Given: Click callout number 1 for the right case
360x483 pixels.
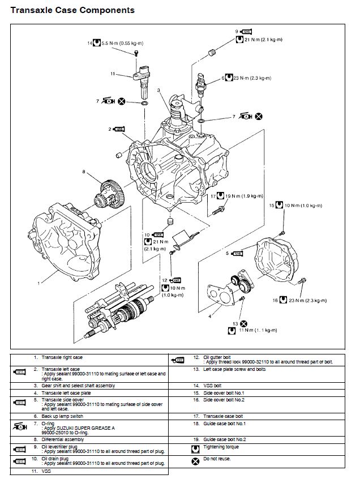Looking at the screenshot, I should click(x=38, y=281).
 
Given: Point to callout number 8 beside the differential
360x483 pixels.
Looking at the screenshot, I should click(x=84, y=172).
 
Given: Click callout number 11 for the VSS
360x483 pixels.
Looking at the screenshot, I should click(x=113, y=74).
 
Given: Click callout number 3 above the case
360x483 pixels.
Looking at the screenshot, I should click(x=159, y=91).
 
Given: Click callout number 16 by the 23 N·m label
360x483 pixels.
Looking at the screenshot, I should click(x=275, y=300).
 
